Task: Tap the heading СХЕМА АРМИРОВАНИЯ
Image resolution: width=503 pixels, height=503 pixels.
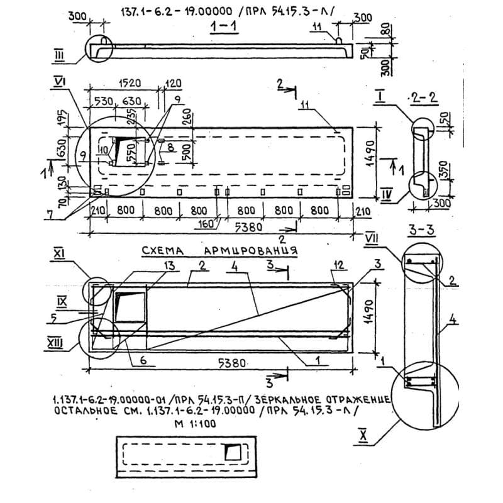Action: coord(219,250)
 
